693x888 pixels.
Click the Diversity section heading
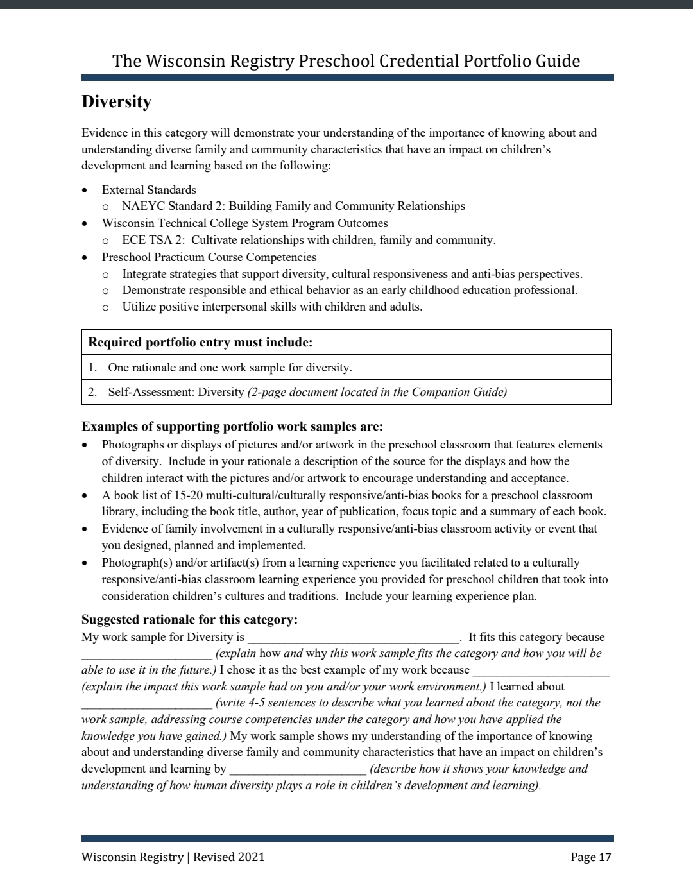(x=116, y=102)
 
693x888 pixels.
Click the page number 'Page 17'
(x=590, y=857)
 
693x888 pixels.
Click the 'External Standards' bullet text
(x=149, y=190)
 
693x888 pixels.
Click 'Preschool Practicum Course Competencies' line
(x=209, y=257)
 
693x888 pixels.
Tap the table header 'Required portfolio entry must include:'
(x=200, y=342)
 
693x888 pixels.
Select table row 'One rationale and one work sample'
(x=230, y=368)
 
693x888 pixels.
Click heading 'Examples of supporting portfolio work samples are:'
(x=232, y=427)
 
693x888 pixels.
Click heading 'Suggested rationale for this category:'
(x=189, y=620)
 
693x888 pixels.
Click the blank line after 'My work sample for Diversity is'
(x=353, y=638)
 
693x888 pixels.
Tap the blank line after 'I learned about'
(x=146, y=704)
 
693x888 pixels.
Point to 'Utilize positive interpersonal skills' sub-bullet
(x=272, y=307)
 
